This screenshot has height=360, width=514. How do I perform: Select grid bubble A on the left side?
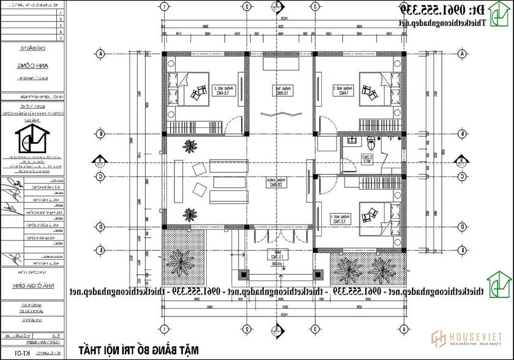tap(99, 53)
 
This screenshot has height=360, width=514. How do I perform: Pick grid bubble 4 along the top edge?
tap(404, 7)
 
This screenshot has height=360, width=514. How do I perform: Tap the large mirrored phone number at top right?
tap(429, 10)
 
